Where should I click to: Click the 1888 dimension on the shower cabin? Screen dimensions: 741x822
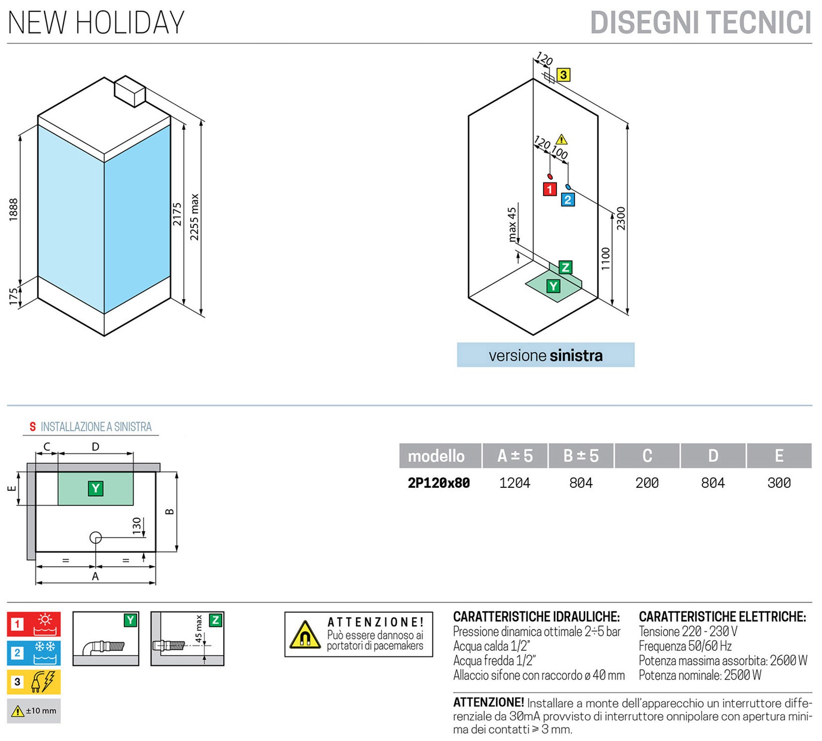pyautogui.click(x=13, y=209)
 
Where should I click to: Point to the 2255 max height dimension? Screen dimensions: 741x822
pyautogui.click(x=195, y=217)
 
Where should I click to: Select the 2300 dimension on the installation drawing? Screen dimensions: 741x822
pyautogui.click(x=621, y=218)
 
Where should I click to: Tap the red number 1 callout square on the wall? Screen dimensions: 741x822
pyautogui.click(x=549, y=189)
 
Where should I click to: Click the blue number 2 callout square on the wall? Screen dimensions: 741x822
pyautogui.click(x=567, y=200)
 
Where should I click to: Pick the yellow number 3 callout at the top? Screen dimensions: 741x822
pyautogui.click(x=563, y=75)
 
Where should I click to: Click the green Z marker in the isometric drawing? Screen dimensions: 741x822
pyautogui.click(x=565, y=268)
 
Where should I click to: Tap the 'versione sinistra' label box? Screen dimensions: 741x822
pyautogui.click(x=546, y=355)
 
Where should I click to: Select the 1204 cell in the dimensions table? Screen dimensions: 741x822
pyautogui.click(x=515, y=483)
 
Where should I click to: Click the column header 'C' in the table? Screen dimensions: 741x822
pyautogui.click(x=647, y=455)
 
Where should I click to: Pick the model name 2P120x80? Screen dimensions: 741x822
pyautogui.click(x=439, y=483)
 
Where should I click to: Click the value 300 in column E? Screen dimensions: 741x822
pyautogui.click(x=779, y=483)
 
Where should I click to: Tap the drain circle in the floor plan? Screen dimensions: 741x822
pyautogui.click(x=96, y=538)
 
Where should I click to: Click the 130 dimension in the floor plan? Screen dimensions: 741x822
pyautogui.click(x=137, y=525)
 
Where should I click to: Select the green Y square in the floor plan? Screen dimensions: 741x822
pyautogui.click(x=96, y=488)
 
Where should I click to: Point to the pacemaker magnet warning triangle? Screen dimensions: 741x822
pyautogui.click(x=305, y=635)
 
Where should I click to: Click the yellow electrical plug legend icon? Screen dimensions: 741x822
pyautogui.click(x=34, y=682)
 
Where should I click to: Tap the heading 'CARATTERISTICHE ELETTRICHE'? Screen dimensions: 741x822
pyautogui.click(x=722, y=617)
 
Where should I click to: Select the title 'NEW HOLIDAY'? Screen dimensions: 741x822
pyautogui.click(x=96, y=23)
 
